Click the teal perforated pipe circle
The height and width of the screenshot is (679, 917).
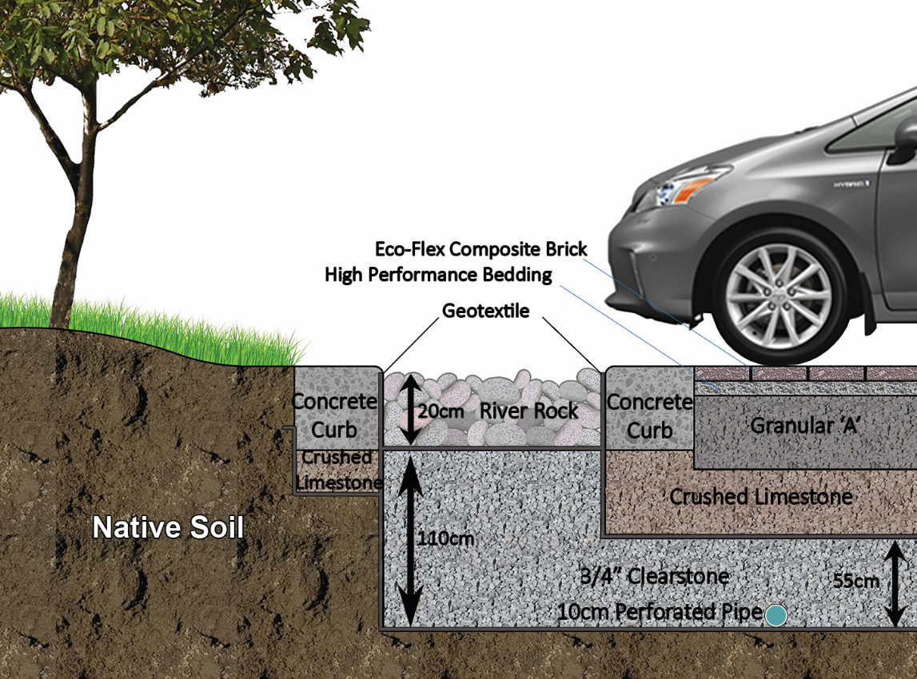tap(775, 615)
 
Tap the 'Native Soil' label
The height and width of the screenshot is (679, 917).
tap(168, 528)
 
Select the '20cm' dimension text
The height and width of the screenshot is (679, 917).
tap(442, 412)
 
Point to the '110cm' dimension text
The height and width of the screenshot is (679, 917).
tap(445, 538)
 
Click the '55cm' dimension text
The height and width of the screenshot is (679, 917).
tap(855, 581)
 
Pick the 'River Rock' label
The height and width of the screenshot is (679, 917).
tap(528, 411)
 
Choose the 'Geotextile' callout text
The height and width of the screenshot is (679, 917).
tap(486, 311)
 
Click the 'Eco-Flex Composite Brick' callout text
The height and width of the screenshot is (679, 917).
tap(480, 249)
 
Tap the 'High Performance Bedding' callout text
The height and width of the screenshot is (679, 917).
tap(438, 276)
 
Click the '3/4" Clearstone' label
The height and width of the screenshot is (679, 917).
tap(656, 576)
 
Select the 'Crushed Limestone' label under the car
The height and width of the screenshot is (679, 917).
tap(761, 497)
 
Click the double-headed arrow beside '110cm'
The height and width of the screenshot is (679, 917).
tap(409, 538)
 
